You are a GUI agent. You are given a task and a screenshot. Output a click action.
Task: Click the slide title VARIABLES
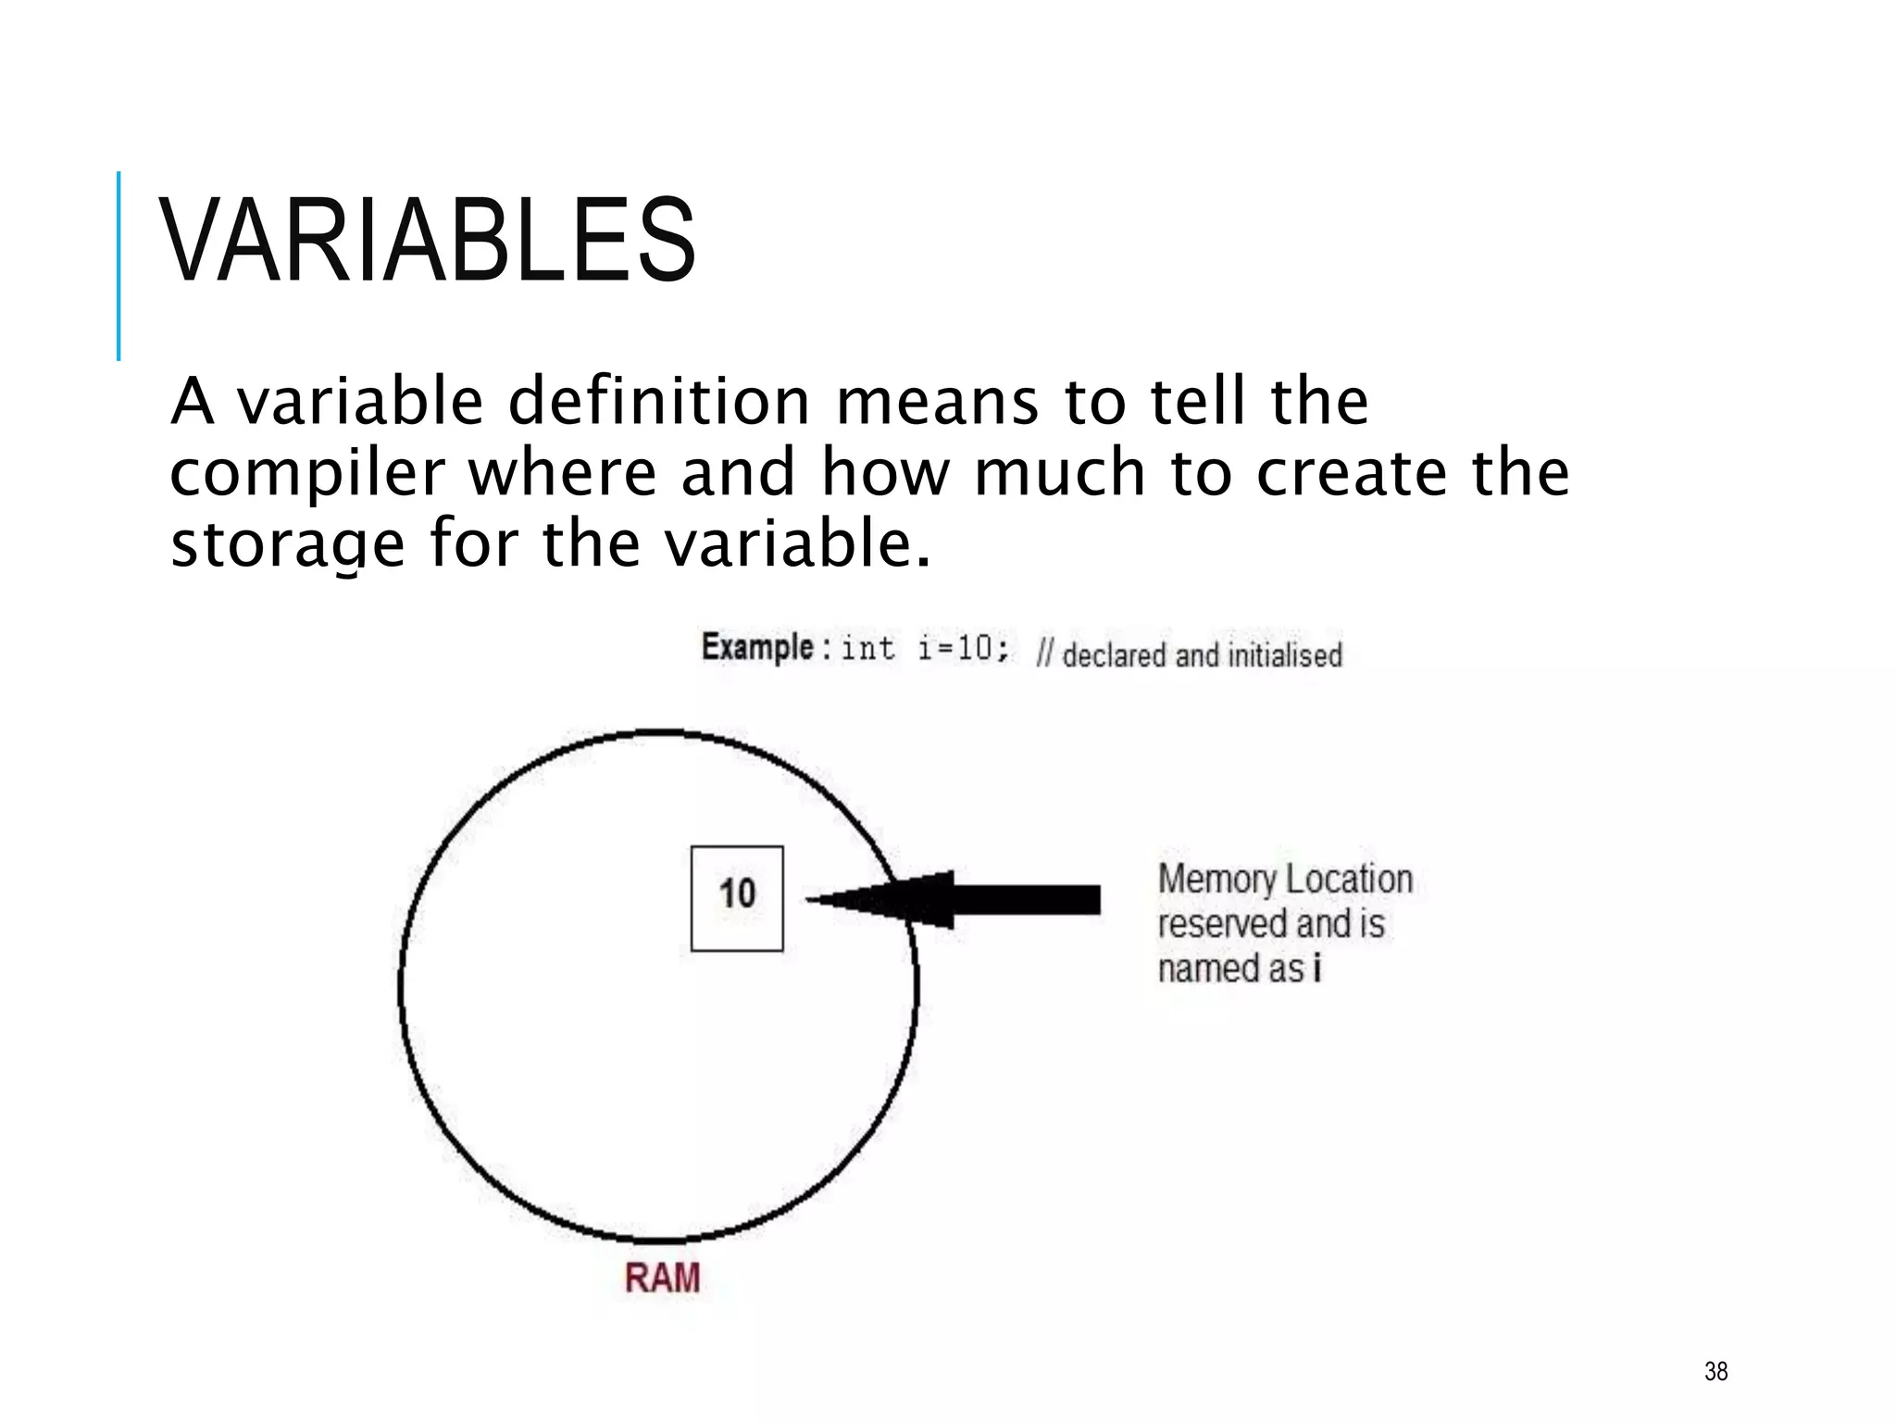tap(428, 241)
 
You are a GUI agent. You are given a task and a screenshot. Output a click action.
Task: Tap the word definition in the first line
tap(659, 402)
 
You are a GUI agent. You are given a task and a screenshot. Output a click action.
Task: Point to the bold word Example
tap(757, 647)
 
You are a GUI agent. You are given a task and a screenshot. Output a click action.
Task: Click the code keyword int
tap(867, 649)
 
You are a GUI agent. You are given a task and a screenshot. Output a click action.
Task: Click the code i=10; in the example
tap(963, 649)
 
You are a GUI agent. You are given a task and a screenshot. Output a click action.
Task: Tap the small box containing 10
tap(737, 898)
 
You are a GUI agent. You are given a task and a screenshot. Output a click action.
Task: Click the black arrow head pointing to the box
tap(889, 899)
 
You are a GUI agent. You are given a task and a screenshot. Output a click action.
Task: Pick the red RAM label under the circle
tap(662, 1279)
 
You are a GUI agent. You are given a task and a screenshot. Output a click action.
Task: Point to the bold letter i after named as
tap(1316, 968)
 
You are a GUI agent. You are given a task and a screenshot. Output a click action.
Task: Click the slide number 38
tap(1715, 1371)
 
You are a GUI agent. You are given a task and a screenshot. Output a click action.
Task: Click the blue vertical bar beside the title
tap(118, 266)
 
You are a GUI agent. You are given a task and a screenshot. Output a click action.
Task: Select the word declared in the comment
tap(1115, 655)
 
